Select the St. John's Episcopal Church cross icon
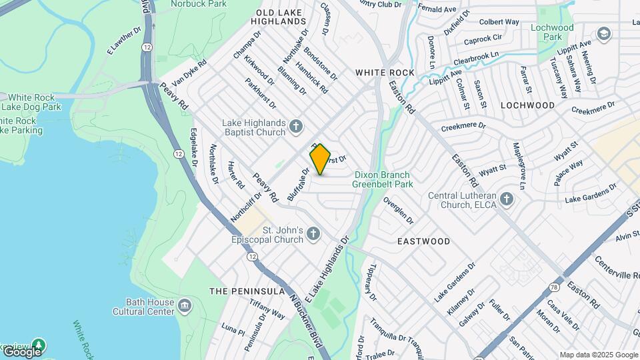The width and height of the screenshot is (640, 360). (x=313, y=233)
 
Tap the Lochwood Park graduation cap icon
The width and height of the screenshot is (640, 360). (x=604, y=33)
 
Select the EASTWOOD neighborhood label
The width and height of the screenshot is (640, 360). (x=423, y=241)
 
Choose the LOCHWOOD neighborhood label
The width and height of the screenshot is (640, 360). (x=527, y=105)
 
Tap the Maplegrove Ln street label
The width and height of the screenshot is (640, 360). (x=518, y=165)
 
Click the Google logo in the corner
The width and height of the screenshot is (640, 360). (x=22, y=351)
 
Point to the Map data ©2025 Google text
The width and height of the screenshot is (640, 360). (x=598, y=355)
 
